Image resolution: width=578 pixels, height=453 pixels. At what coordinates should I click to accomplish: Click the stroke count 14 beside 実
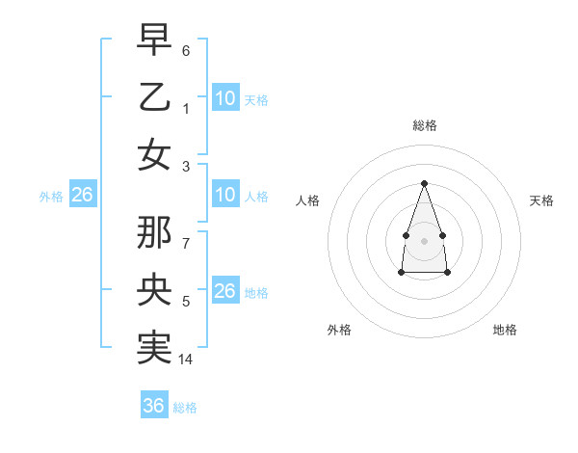187,360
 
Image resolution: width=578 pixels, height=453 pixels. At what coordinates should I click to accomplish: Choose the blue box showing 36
154,406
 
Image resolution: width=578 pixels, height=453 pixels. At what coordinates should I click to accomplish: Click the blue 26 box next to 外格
82,196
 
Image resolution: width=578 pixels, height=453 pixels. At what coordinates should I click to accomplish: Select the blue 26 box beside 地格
224,291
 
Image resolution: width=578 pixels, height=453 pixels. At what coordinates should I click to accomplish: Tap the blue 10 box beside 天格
225,97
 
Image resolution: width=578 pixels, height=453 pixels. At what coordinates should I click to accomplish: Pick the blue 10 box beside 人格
225,196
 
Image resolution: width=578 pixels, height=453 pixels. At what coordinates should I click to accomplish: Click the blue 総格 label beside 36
185,408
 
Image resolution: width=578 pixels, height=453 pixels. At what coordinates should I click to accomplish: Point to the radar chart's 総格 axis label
424,125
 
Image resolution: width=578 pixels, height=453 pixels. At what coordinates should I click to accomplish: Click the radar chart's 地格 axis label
505,330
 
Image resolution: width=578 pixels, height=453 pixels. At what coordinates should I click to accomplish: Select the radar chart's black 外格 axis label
339,330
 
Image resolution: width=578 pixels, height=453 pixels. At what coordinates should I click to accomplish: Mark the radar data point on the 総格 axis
424,183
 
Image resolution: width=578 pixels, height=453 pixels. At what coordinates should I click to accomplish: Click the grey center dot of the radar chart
424,240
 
